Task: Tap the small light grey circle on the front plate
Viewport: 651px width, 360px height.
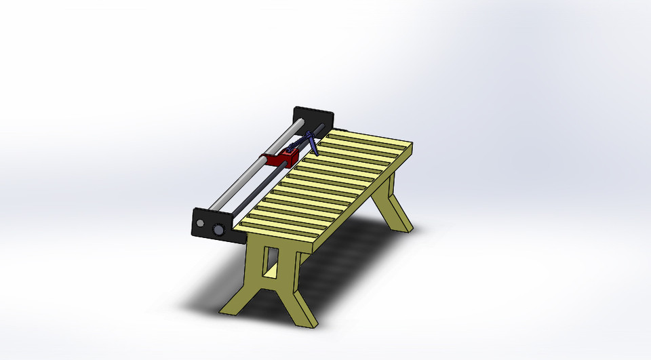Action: pyautogui.click(x=201, y=222)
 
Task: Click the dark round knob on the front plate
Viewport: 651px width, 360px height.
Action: pyautogui.click(x=218, y=231)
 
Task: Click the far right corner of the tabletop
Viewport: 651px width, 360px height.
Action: pyautogui.click(x=411, y=145)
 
